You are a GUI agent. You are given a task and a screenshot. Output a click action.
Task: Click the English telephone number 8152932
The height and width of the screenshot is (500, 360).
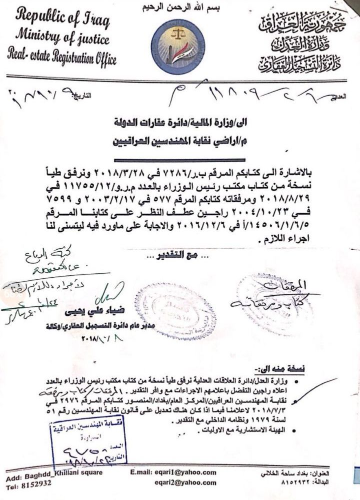[x=34, y=484]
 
